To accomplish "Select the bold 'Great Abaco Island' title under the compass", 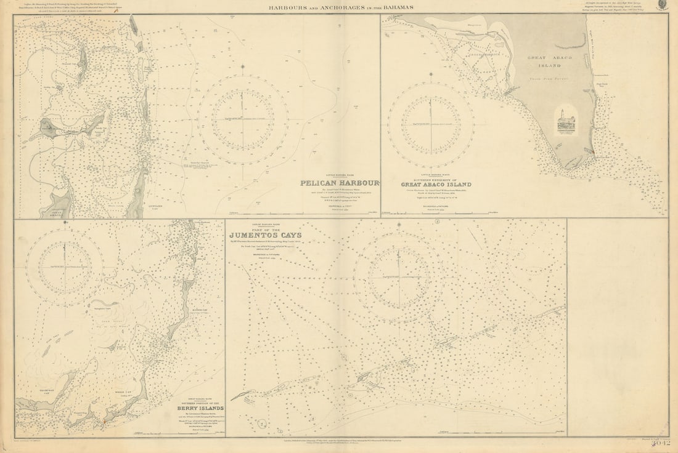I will point(436,184).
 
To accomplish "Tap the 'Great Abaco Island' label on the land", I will point(545,60).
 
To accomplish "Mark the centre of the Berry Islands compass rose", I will point(65,267).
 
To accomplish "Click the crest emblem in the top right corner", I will point(661,6).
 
